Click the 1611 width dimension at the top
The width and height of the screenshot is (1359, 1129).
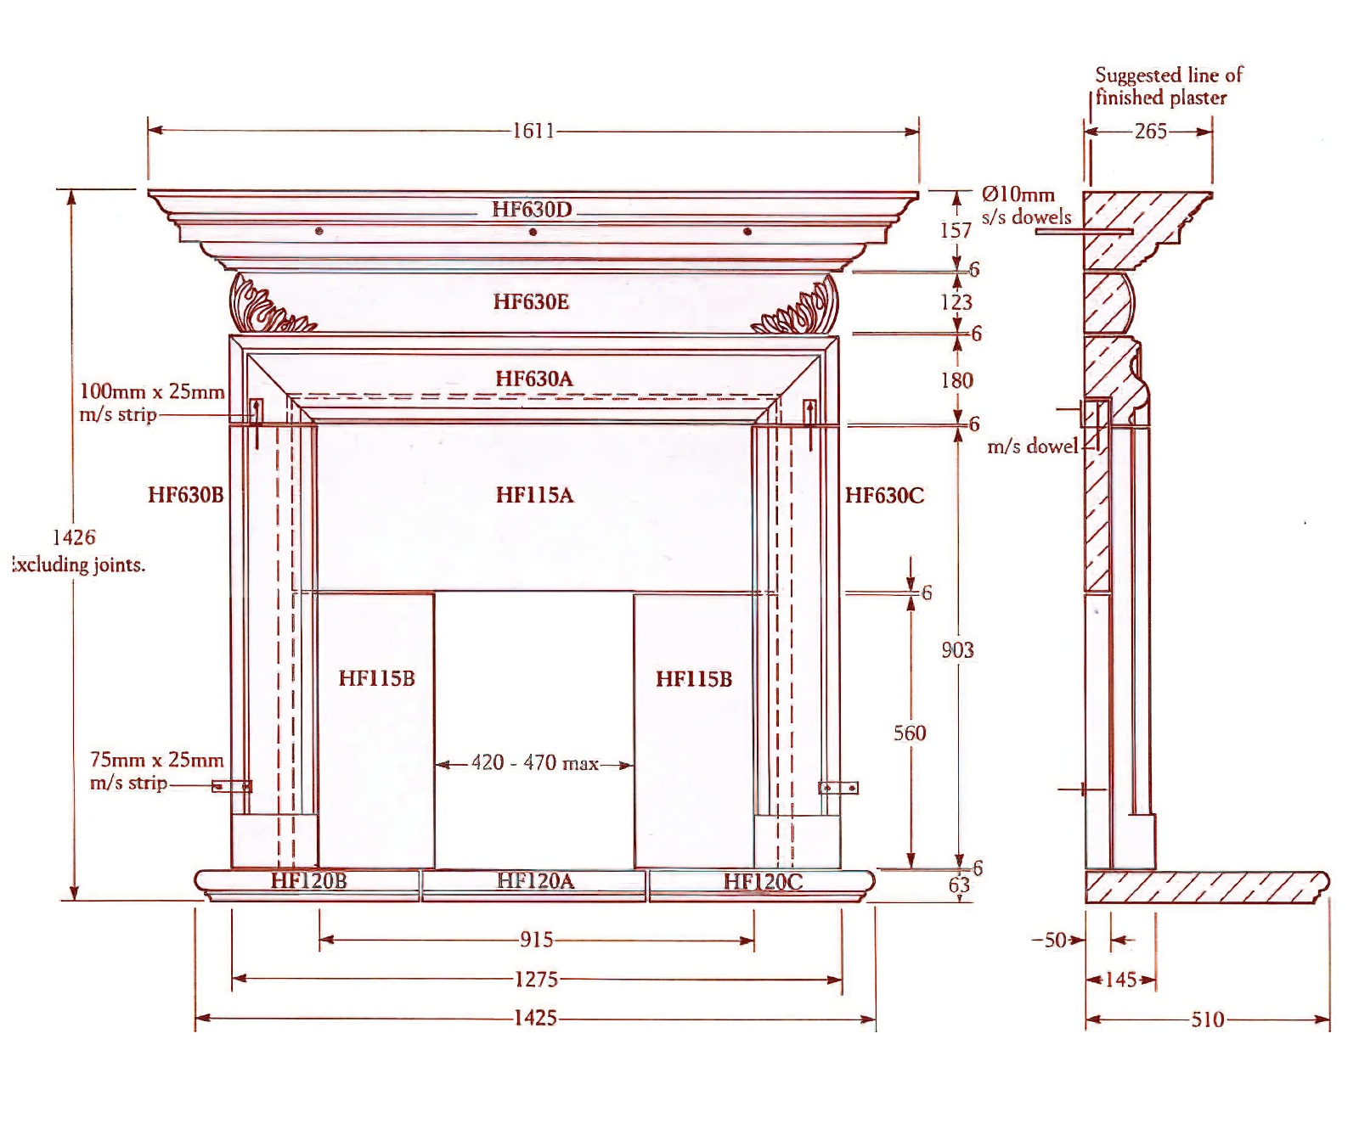tap(533, 131)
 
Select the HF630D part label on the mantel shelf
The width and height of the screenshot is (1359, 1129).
tap(532, 209)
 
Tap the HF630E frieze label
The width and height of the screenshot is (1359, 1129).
tap(531, 301)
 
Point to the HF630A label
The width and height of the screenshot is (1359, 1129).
tap(533, 379)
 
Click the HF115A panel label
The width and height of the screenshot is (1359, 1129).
tap(534, 495)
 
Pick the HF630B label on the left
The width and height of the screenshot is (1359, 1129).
tap(185, 495)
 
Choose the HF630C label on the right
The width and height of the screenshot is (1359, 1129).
tap(884, 495)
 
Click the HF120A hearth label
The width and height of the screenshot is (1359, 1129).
tap(535, 881)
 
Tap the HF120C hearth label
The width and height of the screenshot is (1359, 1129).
tap(763, 881)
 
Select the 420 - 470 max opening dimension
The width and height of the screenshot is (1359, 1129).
tap(534, 763)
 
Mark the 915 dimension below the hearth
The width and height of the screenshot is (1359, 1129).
tap(536, 940)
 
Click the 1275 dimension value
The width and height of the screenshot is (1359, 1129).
tap(536, 980)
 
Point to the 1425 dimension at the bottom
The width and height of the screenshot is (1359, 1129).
tap(535, 1018)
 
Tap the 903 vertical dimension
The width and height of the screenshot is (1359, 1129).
tap(957, 650)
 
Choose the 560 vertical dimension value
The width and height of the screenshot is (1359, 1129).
tap(910, 733)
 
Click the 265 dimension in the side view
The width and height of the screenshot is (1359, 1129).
tap(1150, 132)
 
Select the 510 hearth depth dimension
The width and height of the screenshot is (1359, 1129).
tap(1207, 1019)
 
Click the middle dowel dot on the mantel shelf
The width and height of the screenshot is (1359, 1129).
tap(533, 232)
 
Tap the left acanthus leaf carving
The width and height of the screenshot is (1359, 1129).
tap(263, 306)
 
